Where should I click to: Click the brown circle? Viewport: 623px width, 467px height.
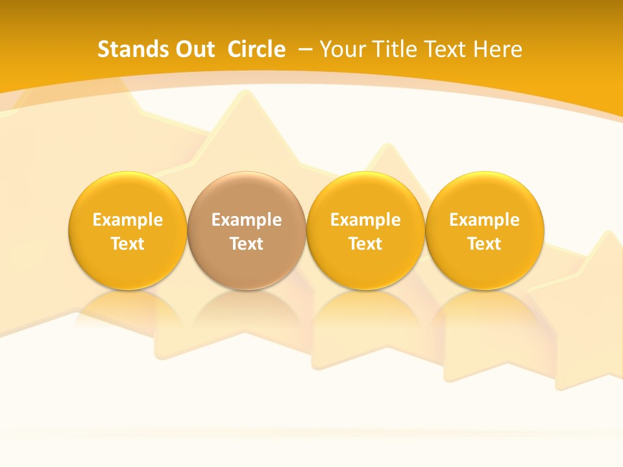point(247,230)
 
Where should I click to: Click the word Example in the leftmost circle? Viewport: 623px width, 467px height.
point(127,220)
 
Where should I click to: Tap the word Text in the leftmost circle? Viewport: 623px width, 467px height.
point(127,244)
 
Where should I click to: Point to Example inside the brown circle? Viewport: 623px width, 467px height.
point(247,220)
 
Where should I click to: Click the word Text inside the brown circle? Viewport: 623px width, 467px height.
point(247,244)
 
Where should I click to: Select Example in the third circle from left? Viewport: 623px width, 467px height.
point(365,220)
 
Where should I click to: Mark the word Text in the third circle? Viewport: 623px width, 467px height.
point(365,244)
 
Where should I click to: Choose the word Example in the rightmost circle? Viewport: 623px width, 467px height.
point(485,220)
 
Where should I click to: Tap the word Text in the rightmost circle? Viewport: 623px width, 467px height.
point(485,244)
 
